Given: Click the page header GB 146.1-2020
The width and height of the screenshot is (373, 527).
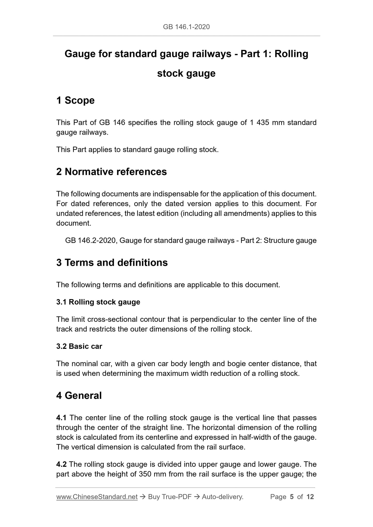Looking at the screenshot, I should (x=186, y=27).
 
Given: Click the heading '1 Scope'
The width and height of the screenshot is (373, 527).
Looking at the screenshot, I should (x=75, y=100).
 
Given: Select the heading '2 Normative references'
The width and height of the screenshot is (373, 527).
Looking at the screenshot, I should (x=112, y=172).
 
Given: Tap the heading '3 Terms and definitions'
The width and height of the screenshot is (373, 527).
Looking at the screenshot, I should (x=112, y=262).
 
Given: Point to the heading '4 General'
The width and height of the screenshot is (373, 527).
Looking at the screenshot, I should (x=79, y=396).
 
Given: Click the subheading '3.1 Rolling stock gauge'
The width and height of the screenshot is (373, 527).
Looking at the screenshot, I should (x=98, y=302).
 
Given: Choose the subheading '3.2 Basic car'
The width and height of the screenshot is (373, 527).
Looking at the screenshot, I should (x=79, y=346).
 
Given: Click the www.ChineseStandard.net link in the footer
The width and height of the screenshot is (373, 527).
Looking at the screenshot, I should (x=97, y=497).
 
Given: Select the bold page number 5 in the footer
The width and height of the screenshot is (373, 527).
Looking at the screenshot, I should (x=292, y=497).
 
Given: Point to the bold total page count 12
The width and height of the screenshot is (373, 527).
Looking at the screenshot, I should (x=310, y=497).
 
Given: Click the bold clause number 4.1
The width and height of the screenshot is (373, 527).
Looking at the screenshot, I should (x=61, y=418).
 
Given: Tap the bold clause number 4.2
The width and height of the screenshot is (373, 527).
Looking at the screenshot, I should (x=61, y=464).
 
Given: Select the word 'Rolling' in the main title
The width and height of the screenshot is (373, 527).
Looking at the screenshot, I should (x=291, y=54).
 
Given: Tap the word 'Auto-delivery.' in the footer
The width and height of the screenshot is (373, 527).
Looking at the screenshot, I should (x=223, y=497).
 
